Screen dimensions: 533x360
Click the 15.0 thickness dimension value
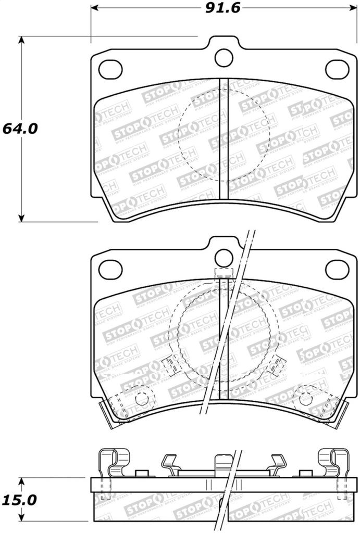pos(19,500)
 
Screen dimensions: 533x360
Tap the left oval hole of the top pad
pos(110,69)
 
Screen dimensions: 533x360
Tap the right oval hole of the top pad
pos(337,69)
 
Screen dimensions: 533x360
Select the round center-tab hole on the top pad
pos(224,57)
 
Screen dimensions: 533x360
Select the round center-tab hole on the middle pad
pos(224,258)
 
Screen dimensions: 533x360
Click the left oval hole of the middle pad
pos(110,269)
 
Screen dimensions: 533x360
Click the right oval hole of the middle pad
pos(337,269)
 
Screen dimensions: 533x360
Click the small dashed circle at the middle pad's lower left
pos(142,400)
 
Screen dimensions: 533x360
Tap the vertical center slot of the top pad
pos(224,138)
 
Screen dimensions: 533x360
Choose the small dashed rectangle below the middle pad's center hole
pos(224,273)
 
